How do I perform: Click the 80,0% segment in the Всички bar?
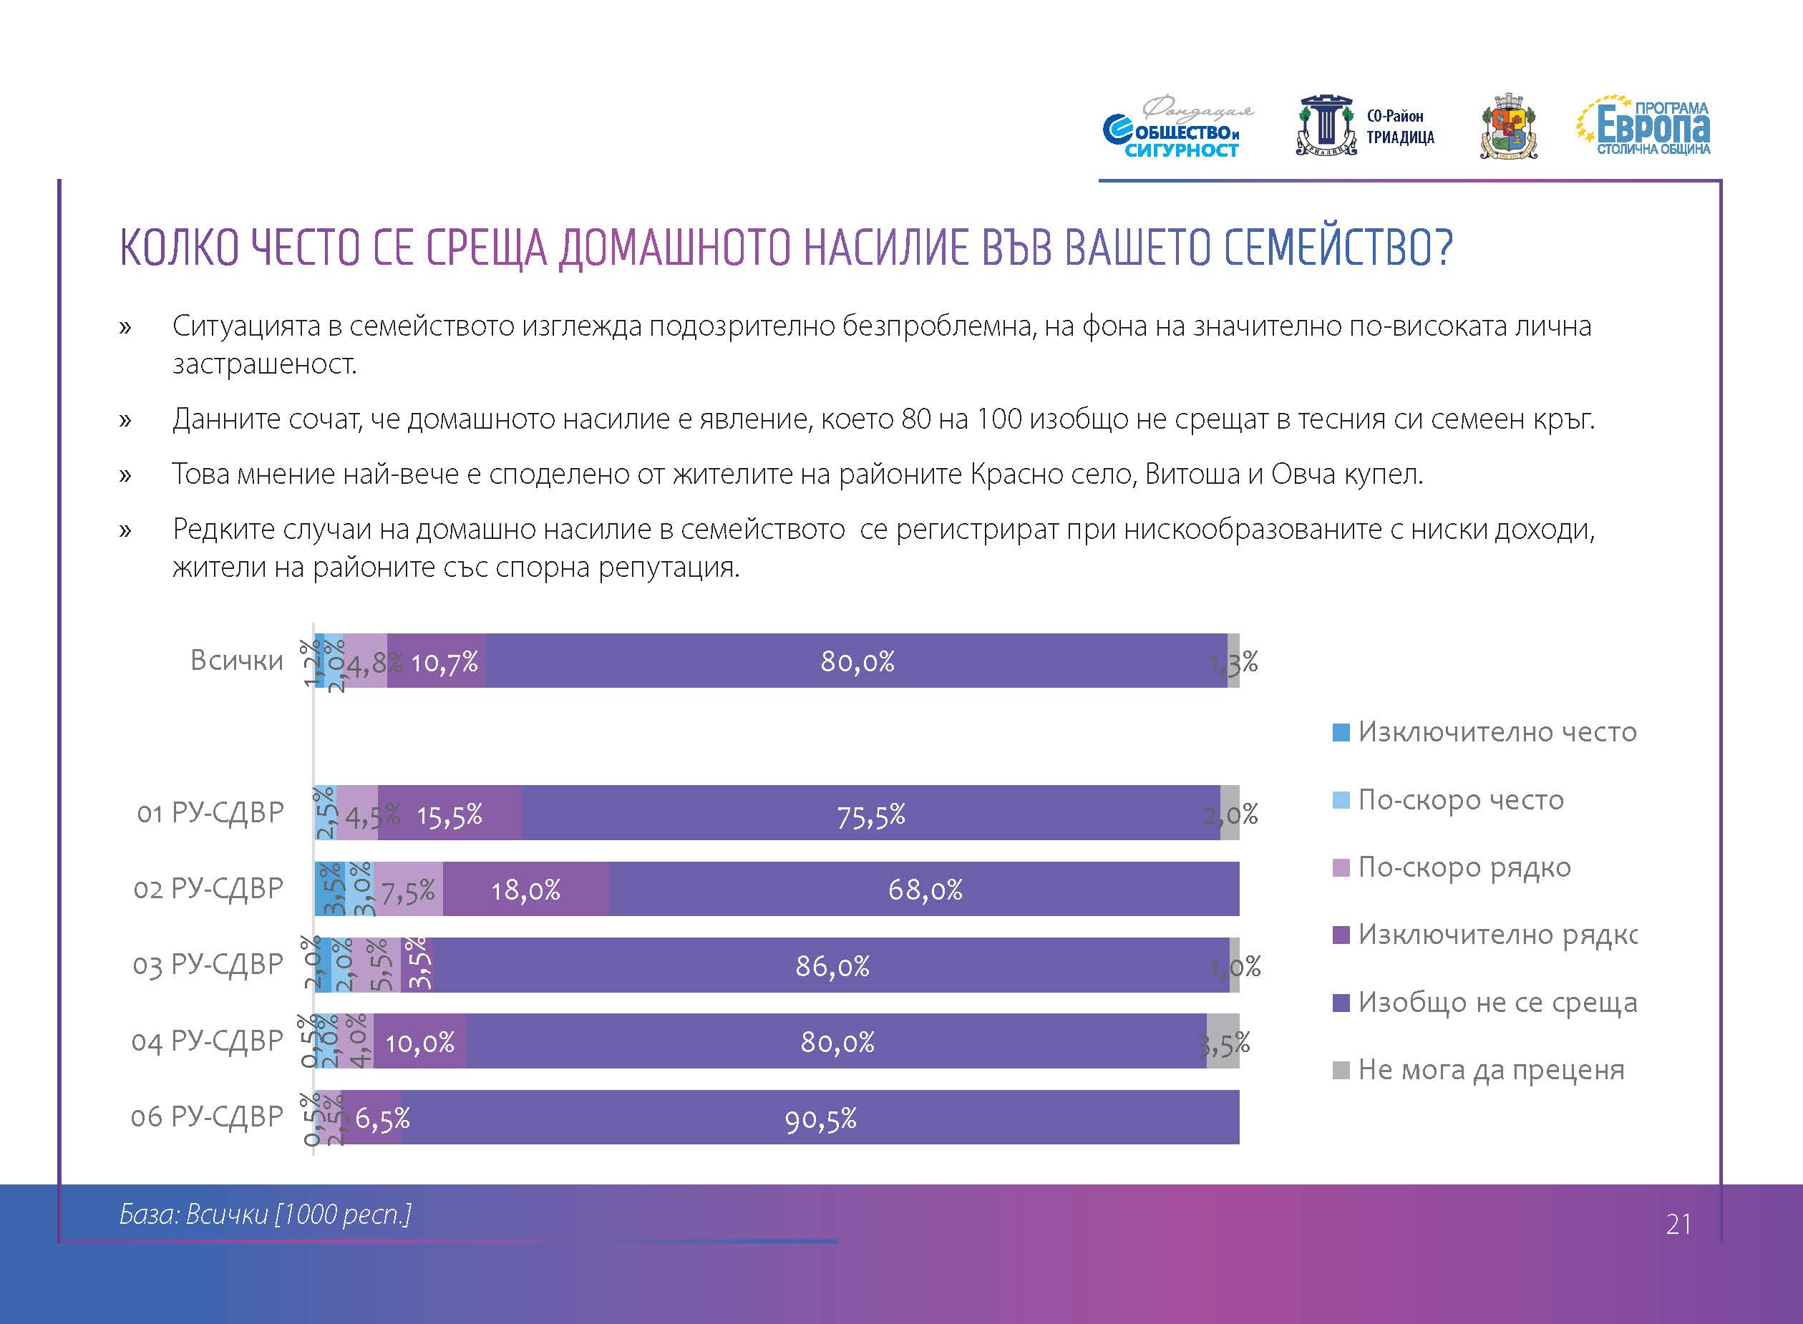[856, 661]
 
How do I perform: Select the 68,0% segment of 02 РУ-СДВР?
[924, 890]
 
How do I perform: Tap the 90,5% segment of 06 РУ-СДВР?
[820, 1119]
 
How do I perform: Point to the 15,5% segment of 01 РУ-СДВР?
[449, 814]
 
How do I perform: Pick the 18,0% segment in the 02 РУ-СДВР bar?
[525, 890]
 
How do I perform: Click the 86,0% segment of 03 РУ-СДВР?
[832, 965]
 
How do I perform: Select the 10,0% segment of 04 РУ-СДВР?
[420, 1042]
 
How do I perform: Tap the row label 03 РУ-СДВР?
[208, 964]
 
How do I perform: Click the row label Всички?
[236, 661]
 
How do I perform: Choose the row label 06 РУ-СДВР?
[207, 1116]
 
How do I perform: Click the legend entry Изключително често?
[1495, 731]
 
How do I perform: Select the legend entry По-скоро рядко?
[1463, 867]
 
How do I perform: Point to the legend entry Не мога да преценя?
[1489, 1070]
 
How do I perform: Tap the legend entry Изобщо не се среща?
[1496, 1003]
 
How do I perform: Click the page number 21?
[1678, 1224]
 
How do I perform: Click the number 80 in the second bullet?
[915, 419]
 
